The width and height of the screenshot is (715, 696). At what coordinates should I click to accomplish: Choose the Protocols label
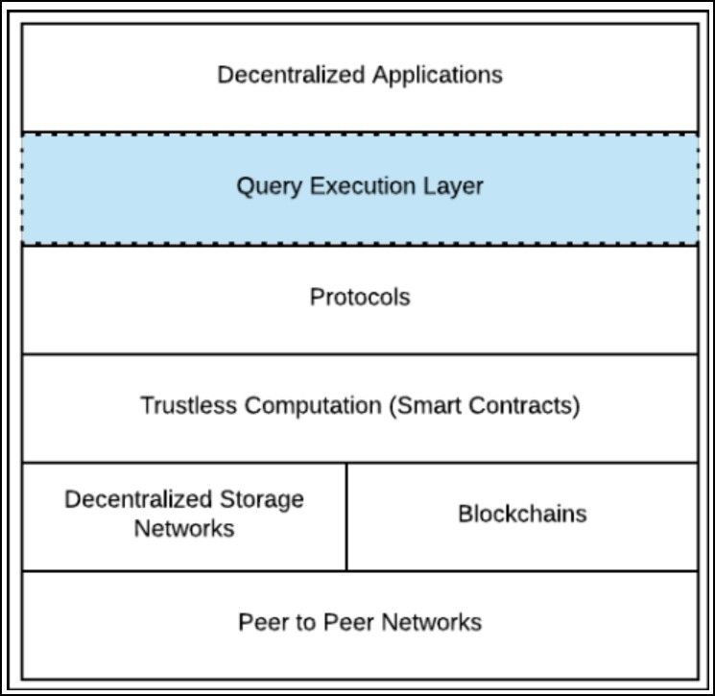[x=360, y=298]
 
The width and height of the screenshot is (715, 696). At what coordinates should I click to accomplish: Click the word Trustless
[x=189, y=405]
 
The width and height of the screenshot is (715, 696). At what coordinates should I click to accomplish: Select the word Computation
[x=313, y=405]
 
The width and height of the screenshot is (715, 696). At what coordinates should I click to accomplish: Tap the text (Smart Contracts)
[x=485, y=405]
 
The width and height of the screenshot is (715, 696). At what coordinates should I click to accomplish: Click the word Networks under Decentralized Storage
[x=184, y=528]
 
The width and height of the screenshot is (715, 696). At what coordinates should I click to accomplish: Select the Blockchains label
[x=522, y=514]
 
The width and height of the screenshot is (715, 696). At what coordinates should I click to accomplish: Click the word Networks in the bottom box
[x=432, y=622]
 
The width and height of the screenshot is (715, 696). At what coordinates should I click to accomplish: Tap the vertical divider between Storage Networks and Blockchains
[x=346, y=516]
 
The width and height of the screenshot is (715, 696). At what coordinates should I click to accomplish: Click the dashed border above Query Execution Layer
[x=360, y=132]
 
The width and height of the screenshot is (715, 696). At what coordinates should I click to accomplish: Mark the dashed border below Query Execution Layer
[x=360, y=244]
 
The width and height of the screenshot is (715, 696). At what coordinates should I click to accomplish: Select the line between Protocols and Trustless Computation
[x=360, y=354]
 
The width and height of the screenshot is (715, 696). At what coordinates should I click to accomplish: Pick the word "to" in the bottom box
[x=305, y=622]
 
